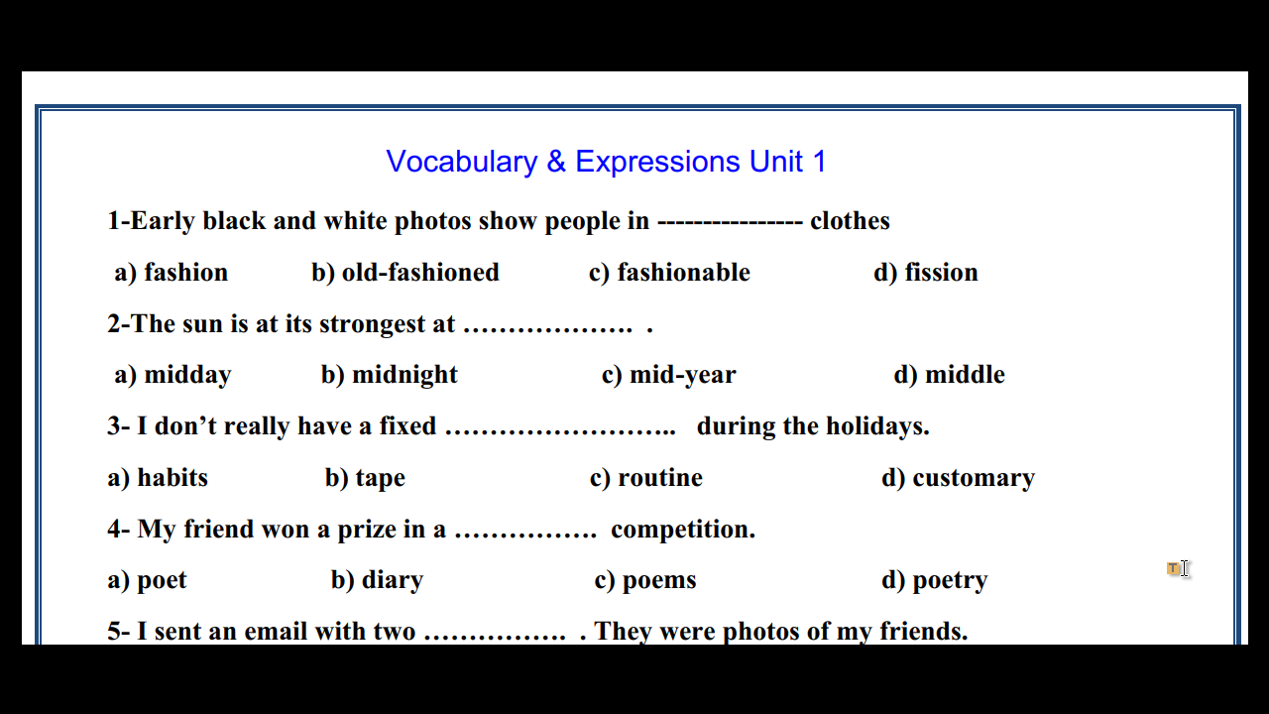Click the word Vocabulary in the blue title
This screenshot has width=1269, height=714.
tap(462, 163)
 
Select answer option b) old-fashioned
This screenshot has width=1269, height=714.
tap(405, 273)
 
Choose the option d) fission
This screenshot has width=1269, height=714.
tap(926, 273)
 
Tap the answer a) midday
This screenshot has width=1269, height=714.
tap(173, 375)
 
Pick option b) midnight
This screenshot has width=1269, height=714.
tap(390, 375)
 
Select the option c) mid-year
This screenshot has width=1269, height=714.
tap(668, 375)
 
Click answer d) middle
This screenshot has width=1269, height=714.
tap(950, 375)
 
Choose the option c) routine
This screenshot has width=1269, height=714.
tap(646, 478)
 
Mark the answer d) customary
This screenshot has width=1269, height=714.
tap(958, 478)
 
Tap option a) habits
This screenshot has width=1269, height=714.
tap(158, 478)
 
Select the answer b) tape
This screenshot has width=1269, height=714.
tap(366, 478)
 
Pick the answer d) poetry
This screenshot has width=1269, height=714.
tap(935, 581)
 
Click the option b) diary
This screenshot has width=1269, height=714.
tap(378, 581)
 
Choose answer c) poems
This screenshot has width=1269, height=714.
tap(645, 581)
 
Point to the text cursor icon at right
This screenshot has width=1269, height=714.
tap(1184, 569)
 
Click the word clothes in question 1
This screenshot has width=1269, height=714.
tap(850, 221)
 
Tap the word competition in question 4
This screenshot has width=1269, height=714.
tap(683, 530)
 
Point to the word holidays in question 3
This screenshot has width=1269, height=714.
tap(877, 426)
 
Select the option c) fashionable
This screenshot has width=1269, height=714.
tap(669, 273)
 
